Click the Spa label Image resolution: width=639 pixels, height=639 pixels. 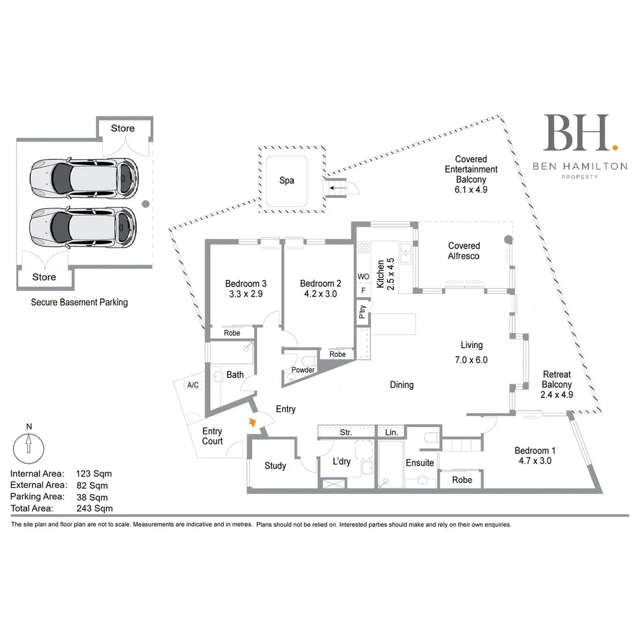click(x=286, y=180)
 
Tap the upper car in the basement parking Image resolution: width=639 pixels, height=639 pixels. click(x=83, y=176)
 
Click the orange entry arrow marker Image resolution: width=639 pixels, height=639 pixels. click(x=252, y=422)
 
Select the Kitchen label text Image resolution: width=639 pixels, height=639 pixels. click(x=380, y=273)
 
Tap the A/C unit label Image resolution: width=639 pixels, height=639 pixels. click(x=192, y=385)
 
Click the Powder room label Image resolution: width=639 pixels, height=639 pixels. click(x=302, y=370)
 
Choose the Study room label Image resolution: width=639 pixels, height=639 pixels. click(x=275, y=466)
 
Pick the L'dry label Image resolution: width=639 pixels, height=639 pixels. click(x=342, y=461)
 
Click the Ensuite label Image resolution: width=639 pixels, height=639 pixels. click(x=419, y=463)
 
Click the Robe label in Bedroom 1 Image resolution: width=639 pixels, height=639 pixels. click(x=462, y=480)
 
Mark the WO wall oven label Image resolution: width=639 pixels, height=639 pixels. click(x=363, y=276)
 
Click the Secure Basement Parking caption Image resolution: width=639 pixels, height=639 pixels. click(x=79, y=302)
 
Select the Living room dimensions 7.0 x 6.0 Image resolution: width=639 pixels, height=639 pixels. click(x=471, y=360)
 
